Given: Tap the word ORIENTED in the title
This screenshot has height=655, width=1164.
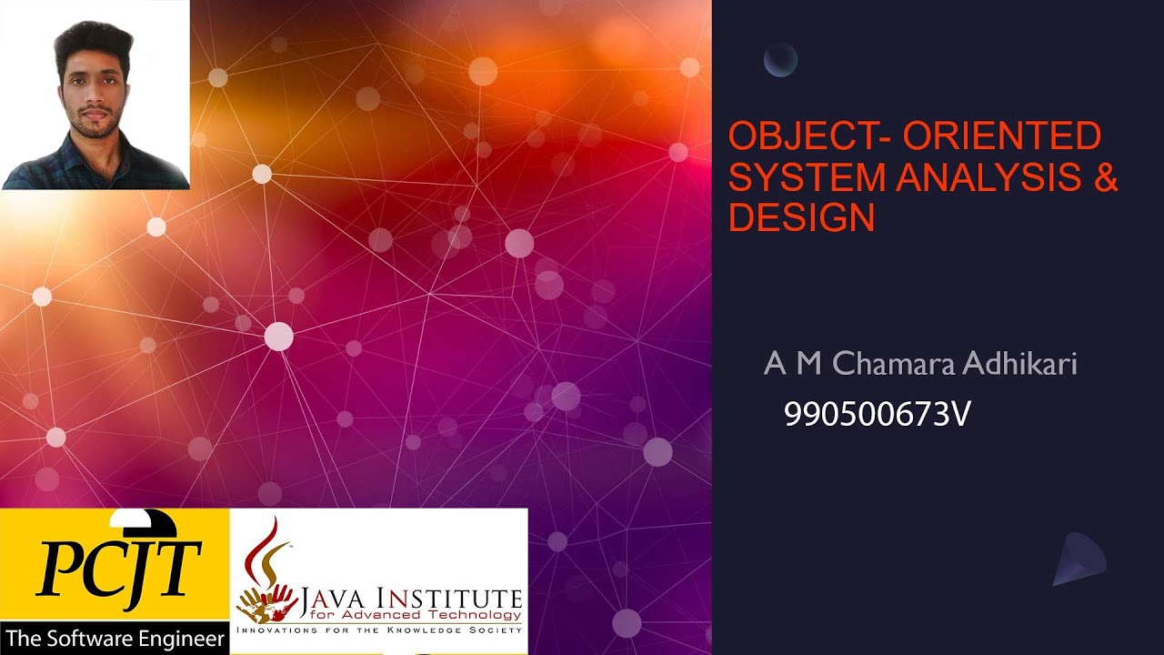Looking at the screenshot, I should pos(1003,136).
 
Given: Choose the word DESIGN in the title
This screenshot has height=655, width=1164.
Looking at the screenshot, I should pos(801,217).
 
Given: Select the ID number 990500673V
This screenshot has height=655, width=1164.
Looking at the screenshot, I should pos(878,415).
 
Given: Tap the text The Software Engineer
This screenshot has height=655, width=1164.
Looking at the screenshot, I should pos(115,639).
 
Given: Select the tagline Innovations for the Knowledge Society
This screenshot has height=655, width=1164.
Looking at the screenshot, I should pos(379,630).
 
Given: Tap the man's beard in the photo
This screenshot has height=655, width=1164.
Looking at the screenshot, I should pos(97,125).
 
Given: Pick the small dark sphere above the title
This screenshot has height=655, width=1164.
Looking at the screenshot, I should pos(780,60).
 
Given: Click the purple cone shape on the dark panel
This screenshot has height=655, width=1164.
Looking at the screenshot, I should pos(1079,558).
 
